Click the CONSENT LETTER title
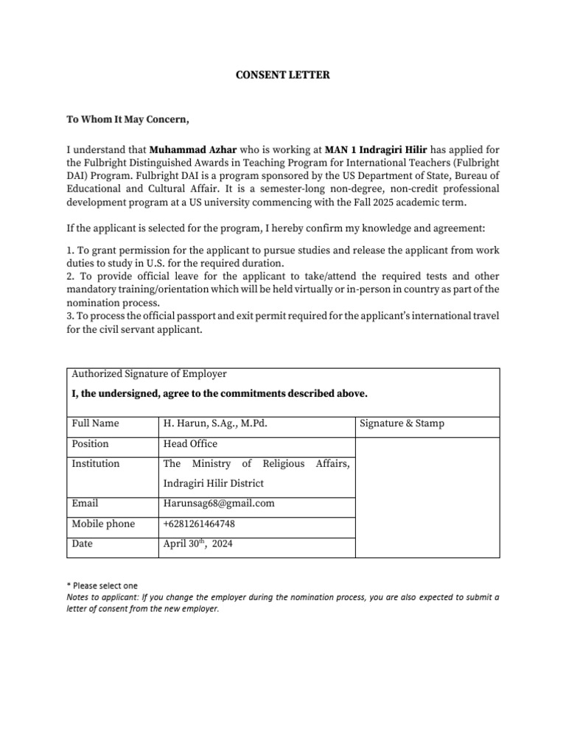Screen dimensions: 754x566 coord(282,75)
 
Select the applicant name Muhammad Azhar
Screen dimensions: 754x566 coord(194,148)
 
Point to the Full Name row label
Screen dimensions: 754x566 coord(95,423)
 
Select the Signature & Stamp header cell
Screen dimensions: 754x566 coord(402,423)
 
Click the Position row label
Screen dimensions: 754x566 coord(90,444)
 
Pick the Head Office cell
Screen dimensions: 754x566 coord(190,444)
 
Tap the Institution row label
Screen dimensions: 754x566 coord(95,464)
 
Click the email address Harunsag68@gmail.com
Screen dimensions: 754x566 coord(219,504)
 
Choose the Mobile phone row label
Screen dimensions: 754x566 coord(103,524)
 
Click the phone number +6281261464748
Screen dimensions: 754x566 coord(199,524)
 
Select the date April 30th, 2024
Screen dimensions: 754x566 coord(198,544)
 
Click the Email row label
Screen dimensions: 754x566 coord(85,504)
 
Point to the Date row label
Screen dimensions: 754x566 coord(83,544)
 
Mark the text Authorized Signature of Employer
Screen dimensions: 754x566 coord(149,374)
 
